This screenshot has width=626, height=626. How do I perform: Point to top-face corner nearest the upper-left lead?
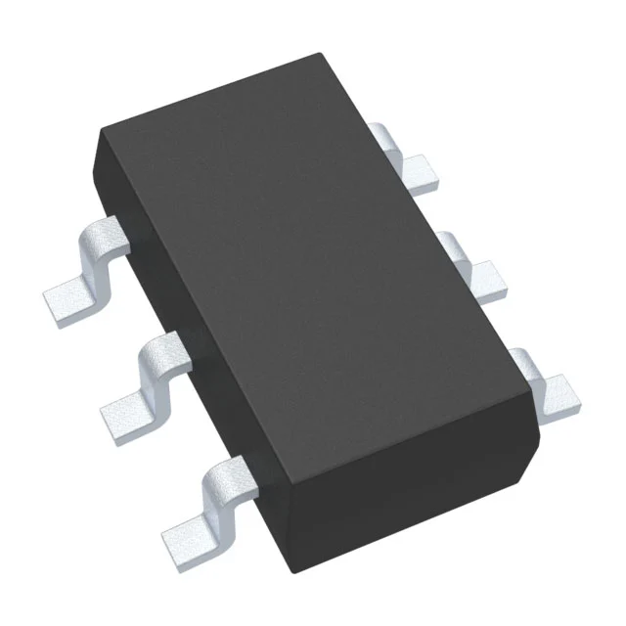coord(102,137)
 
